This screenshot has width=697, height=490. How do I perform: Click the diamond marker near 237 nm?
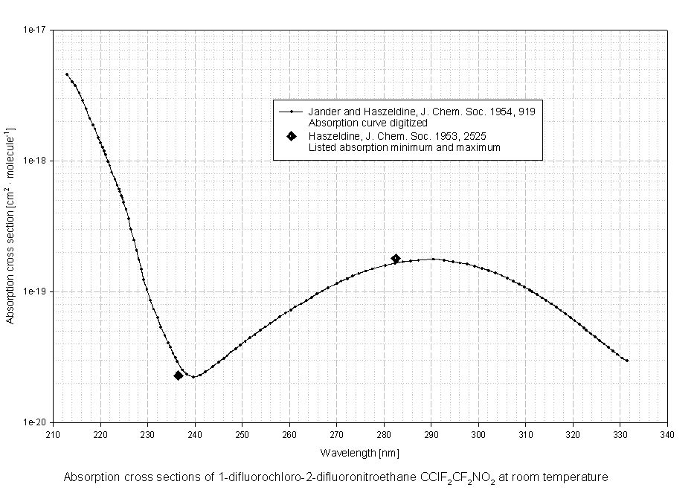[x=179, y=375]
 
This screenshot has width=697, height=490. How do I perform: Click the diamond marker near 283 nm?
[x=396, y=259]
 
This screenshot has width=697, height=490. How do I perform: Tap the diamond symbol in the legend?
[x=292, y=137]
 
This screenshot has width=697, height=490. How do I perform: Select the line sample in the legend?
[x=292, y=112]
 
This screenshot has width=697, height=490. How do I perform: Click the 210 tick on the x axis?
[x=53, y=435]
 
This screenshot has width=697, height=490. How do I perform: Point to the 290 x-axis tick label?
[x=431, y=435]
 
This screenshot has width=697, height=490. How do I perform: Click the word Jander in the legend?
[x=322, y=112]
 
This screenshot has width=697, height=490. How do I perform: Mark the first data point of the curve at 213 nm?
[x=67, y=74]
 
